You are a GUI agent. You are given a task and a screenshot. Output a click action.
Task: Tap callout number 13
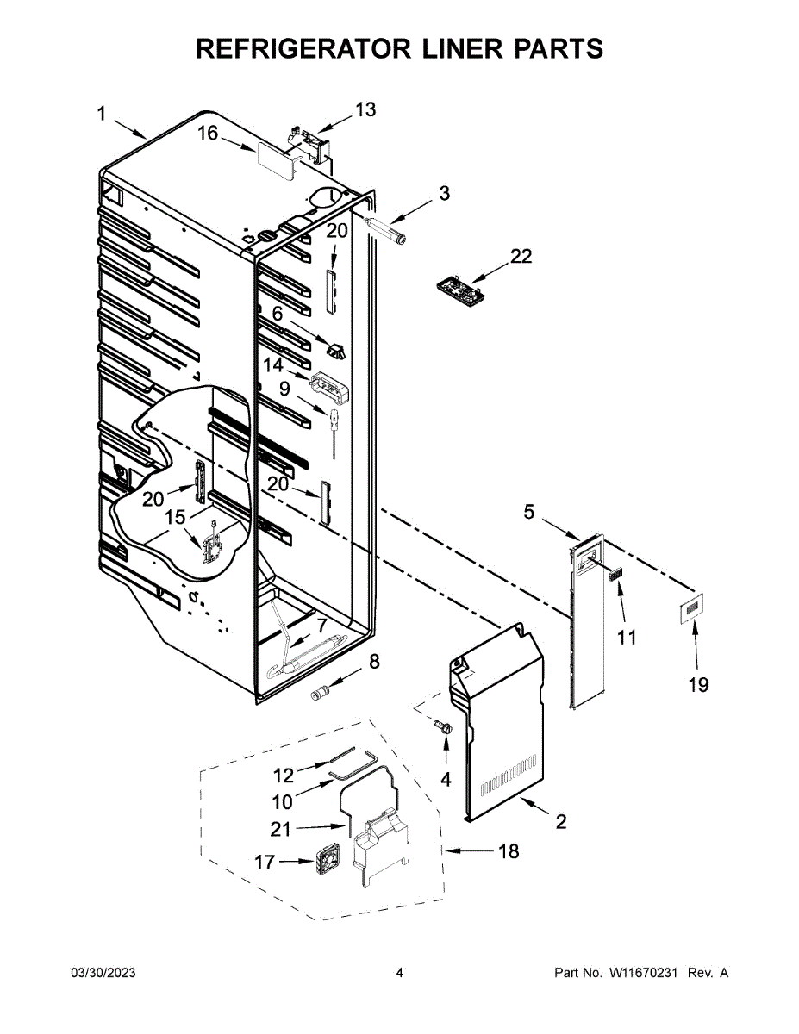pyautogui.click(x=365, y=110)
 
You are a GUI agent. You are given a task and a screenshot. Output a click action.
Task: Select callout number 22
pyautogui.click(x=521, y=256)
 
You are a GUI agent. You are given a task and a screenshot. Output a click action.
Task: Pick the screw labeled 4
pyautogui.click(x=445, y=728)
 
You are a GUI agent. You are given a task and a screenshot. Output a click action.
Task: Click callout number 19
pyautogui.click(x=698, y=684)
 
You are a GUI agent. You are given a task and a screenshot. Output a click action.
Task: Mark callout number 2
pyautogui.click(x=561, y=822)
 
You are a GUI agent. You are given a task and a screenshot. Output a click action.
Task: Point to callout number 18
pyautogui.click(x=509, y=851)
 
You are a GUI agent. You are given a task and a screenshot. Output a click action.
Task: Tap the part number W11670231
pyautogui.click(x=646, y=973)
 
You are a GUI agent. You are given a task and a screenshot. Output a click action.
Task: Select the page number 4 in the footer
pyautogui.click(x=399, y=973)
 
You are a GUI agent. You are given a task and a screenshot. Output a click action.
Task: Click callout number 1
pyautogui.click(x=101, y=114)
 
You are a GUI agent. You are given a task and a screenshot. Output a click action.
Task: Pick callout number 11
pyautogui.click(x=627, y=638)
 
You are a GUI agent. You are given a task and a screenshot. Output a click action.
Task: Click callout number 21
pyautogui.click(x=281, y=830)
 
